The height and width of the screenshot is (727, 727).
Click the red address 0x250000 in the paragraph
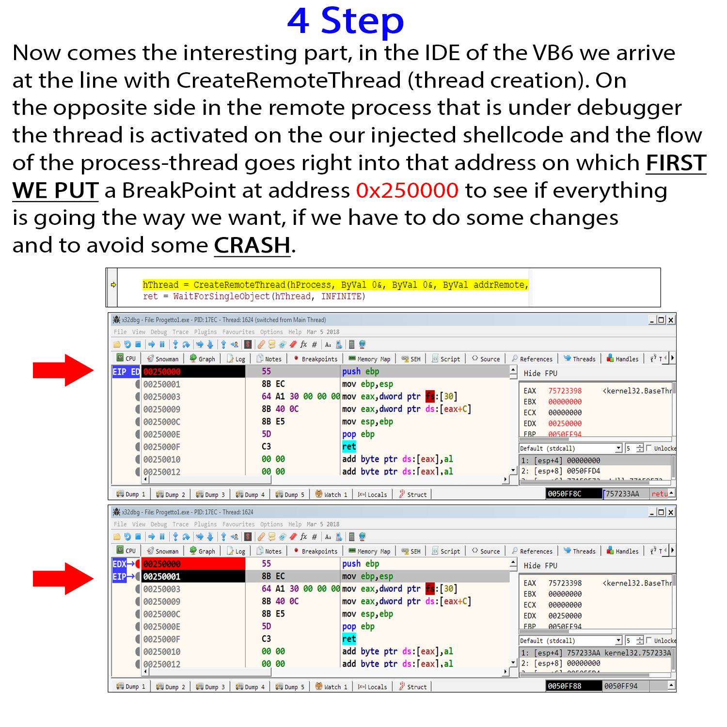[407, 190]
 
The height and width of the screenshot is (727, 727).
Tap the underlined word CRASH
[252, 245]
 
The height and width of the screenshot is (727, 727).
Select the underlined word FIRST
[676, 163]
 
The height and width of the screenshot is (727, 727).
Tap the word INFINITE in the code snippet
[341, 296]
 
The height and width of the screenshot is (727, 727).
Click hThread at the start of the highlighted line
[160, 285]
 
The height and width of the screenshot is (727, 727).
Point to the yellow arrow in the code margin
[113, 285]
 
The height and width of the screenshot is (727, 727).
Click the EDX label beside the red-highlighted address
[119, 564]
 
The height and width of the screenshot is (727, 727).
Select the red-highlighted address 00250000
[162, 564]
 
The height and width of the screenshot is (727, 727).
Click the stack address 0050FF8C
[564, 494]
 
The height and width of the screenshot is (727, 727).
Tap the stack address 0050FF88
[564, 686]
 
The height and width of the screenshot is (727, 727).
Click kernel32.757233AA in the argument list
[637, 653]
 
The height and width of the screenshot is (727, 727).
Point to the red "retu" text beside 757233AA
[659, 494]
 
